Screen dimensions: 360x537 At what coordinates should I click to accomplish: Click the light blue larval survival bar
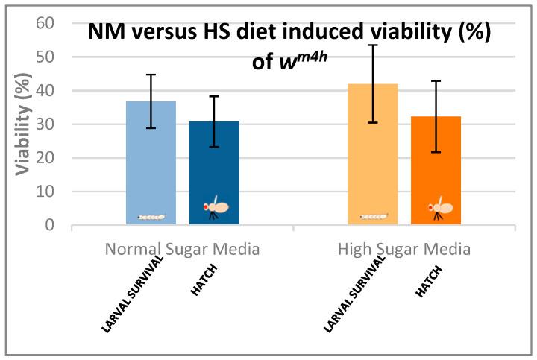tap(151, 164)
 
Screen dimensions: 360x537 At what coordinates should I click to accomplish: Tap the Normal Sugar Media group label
tap(182, 249)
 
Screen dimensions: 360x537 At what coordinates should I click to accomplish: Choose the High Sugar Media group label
tap(404, 249)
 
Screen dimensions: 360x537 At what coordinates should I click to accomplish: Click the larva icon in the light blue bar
tap(151, 217)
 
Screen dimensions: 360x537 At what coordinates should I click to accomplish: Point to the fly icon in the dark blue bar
tap(216, 209)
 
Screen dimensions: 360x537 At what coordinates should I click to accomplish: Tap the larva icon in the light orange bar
tap(374, 217)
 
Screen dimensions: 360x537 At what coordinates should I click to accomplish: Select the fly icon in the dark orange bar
tap(438, 209)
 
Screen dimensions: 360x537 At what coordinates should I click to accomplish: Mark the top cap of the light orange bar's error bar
tap(373, 45)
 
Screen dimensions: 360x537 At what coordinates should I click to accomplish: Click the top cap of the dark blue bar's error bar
tap(214, 96)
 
